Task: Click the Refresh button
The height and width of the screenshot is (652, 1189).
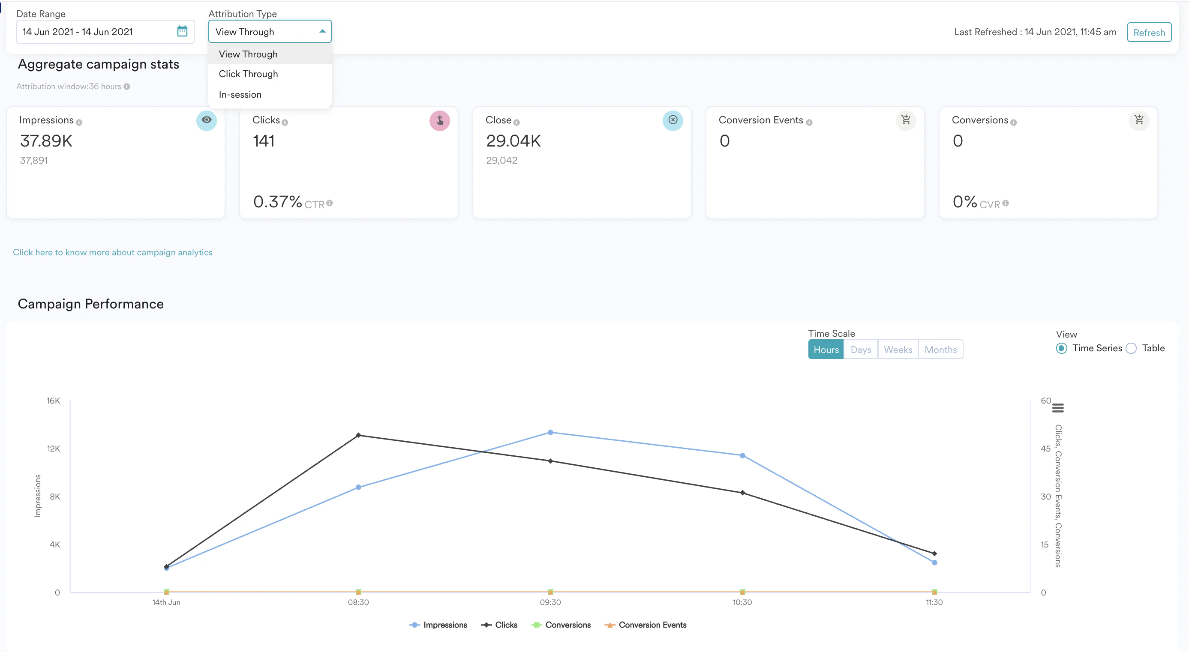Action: pyautogui.click(x=1149, y=32)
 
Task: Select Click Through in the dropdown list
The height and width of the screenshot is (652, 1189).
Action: pyautogui.click(x=248, y=74)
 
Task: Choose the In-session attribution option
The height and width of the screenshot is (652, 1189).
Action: pyautogui.click(x=240, y=95)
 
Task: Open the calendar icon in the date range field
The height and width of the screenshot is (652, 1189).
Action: pyautogui.click(x=182, y=31)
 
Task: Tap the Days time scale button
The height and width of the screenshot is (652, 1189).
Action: pyautogui.click(x=860, y=350)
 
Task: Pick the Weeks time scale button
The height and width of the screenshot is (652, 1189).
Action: pyautogui.click(x=898, y=350)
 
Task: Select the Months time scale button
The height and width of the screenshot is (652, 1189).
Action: pyautogui.click(x=940, y=350)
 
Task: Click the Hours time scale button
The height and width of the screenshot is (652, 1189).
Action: pyautogui.click(x=826, y=350)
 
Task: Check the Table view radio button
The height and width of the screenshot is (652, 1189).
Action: pyautogui.click(x=1131, y=348)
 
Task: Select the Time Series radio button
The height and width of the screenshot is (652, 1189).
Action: pyautogui.click(x=1062, y=348)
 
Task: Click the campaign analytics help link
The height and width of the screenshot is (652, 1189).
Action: pyautogui.click(x=113, y=252)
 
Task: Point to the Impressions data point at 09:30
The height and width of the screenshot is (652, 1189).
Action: pyautogui.click(x=550, y=432)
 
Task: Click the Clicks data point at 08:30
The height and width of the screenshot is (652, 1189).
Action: pyautogui.click(x=358, y=435)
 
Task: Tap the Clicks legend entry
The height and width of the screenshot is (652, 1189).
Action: pyautogui.click(x=499, y=625)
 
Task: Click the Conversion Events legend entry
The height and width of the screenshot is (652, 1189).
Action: pyautogui.click(x=646, y=625)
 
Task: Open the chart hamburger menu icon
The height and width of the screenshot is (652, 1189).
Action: pyautogui.click(x=1058, y=408)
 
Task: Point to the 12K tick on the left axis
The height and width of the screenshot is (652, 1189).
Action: pyautogui.click(x=54, y=449)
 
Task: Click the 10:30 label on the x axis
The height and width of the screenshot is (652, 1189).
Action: pyautogui.click(x=742, y=602)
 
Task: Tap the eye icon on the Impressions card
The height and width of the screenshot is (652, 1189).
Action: pyautogui.click(x=206, y=120)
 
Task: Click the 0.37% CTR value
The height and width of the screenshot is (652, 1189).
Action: pyautogui.click(x=277, y=202)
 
